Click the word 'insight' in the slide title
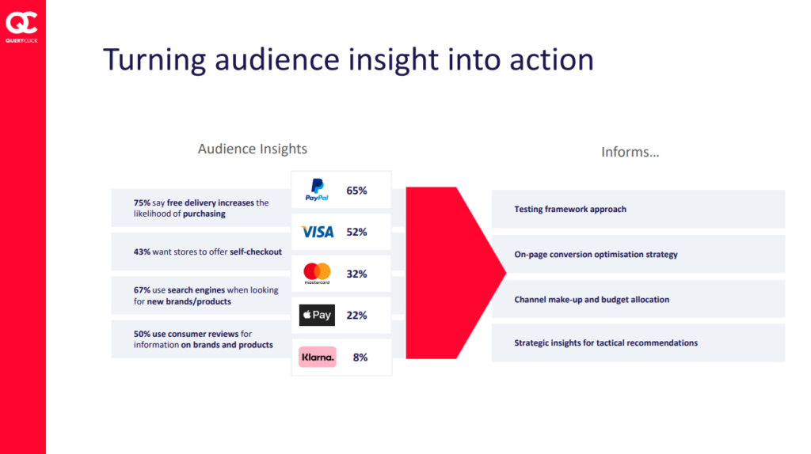coord(393,60)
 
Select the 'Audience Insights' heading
coord(253,149)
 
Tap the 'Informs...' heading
coord(630,152)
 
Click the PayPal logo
coord(317,190)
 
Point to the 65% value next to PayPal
coord(356,191)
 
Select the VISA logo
coord(318,232)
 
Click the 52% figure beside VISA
coord(356,232)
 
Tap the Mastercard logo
coord(317,273)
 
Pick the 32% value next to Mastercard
coord(356,274)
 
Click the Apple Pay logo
coord(317,315)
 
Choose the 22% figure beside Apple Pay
coord(356,315)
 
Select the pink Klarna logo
coord(318,357)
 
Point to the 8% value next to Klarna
coord(360,358)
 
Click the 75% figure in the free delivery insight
coord(142,203)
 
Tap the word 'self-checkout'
coord(256,252)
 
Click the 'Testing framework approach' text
coord(570,209)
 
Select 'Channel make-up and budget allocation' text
coord(592,300)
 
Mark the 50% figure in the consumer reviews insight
coord(142,335)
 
